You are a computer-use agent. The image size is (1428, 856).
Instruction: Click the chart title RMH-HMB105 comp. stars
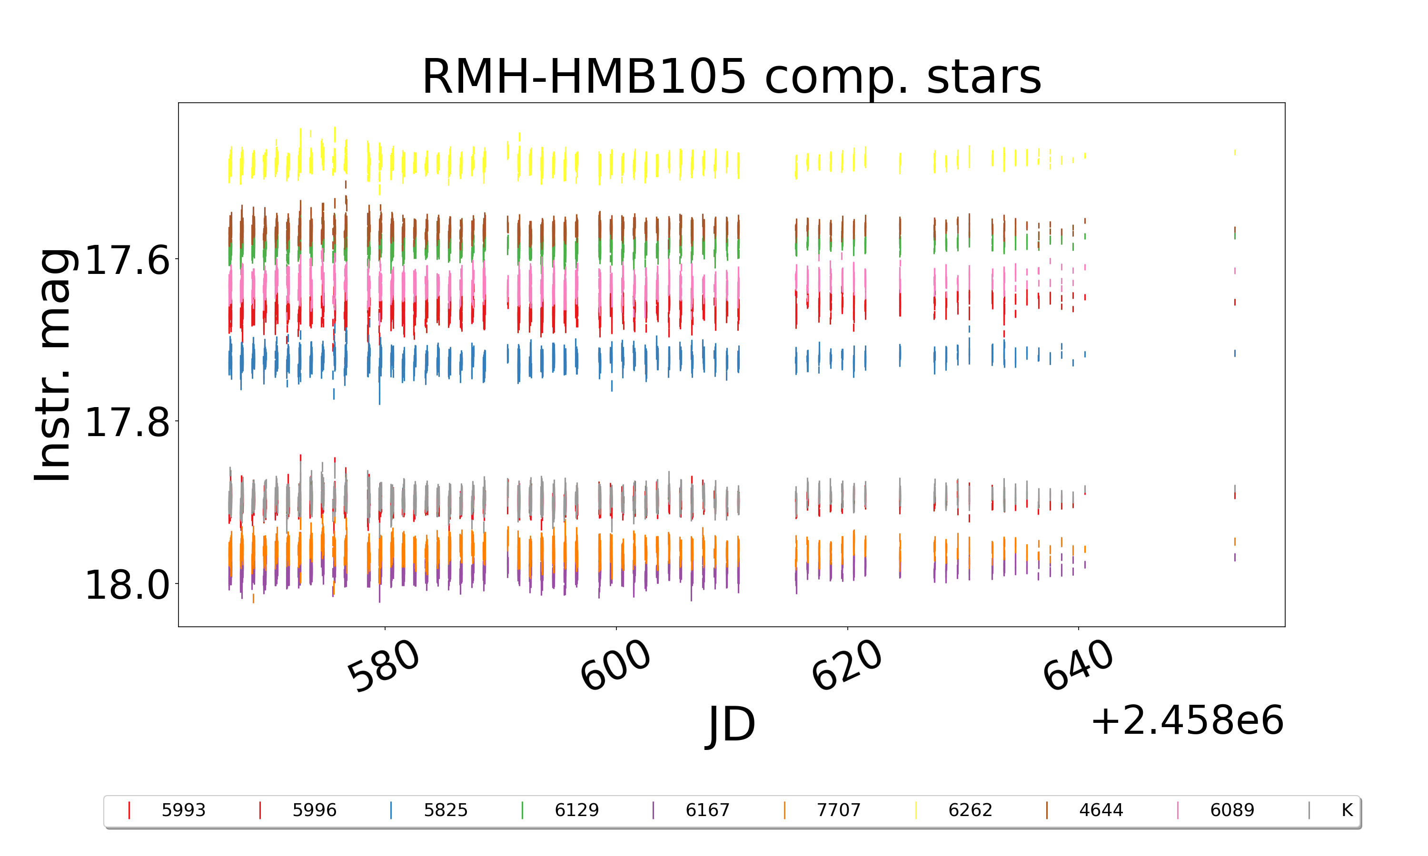731,77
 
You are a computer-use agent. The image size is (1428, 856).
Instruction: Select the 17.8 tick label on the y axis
128,422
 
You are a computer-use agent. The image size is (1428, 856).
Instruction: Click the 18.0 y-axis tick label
128,585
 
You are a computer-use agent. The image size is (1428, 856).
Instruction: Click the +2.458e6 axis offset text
1187,720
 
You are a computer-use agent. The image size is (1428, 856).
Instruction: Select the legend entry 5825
445,810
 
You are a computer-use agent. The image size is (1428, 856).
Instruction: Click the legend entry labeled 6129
576,810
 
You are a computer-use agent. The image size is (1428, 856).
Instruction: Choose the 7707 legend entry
838,810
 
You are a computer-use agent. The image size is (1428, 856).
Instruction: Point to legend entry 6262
970,810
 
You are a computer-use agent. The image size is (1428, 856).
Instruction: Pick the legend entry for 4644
1101,810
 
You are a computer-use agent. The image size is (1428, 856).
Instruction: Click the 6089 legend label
1232,810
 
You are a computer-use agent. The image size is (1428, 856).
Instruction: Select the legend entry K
1347,810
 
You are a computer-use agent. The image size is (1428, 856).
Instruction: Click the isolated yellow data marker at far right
1235,152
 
